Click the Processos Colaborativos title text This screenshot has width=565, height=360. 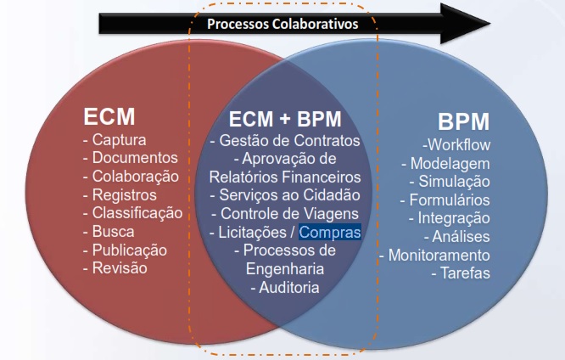(282, 24)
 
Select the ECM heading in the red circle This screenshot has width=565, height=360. (109, 116)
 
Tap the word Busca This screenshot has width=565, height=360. (115, 231)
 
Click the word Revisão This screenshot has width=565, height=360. (119, 268)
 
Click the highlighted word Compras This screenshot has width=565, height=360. (329, 231)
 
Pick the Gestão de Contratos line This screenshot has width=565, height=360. (285, 140)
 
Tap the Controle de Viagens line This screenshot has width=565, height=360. (285, 212)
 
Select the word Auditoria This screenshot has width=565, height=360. (288, 287)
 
